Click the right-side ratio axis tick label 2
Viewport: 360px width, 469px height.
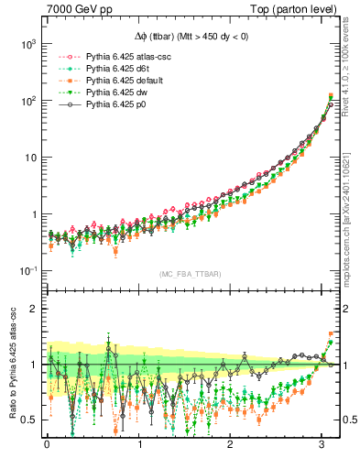348,309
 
